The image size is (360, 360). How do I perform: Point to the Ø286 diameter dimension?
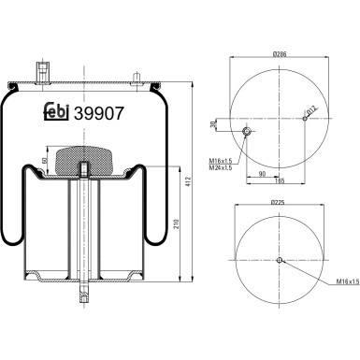279,54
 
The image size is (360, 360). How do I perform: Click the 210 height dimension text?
178,223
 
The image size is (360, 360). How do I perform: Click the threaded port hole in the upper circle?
248,131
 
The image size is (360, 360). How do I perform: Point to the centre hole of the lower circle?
279,260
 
